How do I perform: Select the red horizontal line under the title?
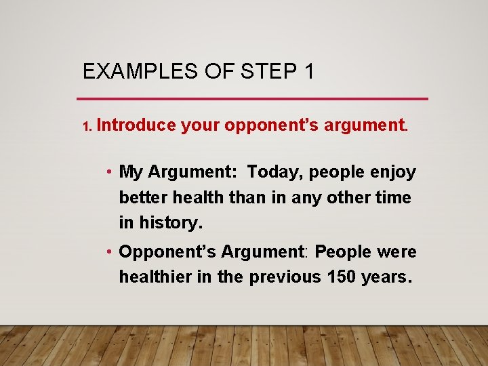coord(255,99)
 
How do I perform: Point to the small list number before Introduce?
coord(86,127)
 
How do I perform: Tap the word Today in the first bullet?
coord(274,172)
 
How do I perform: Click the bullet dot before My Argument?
coord(109,173)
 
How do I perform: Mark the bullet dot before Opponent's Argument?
coord(109,252)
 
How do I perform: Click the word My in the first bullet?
coord(131,173)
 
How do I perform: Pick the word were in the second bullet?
coord(397,251)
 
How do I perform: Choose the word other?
coord(351,197)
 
